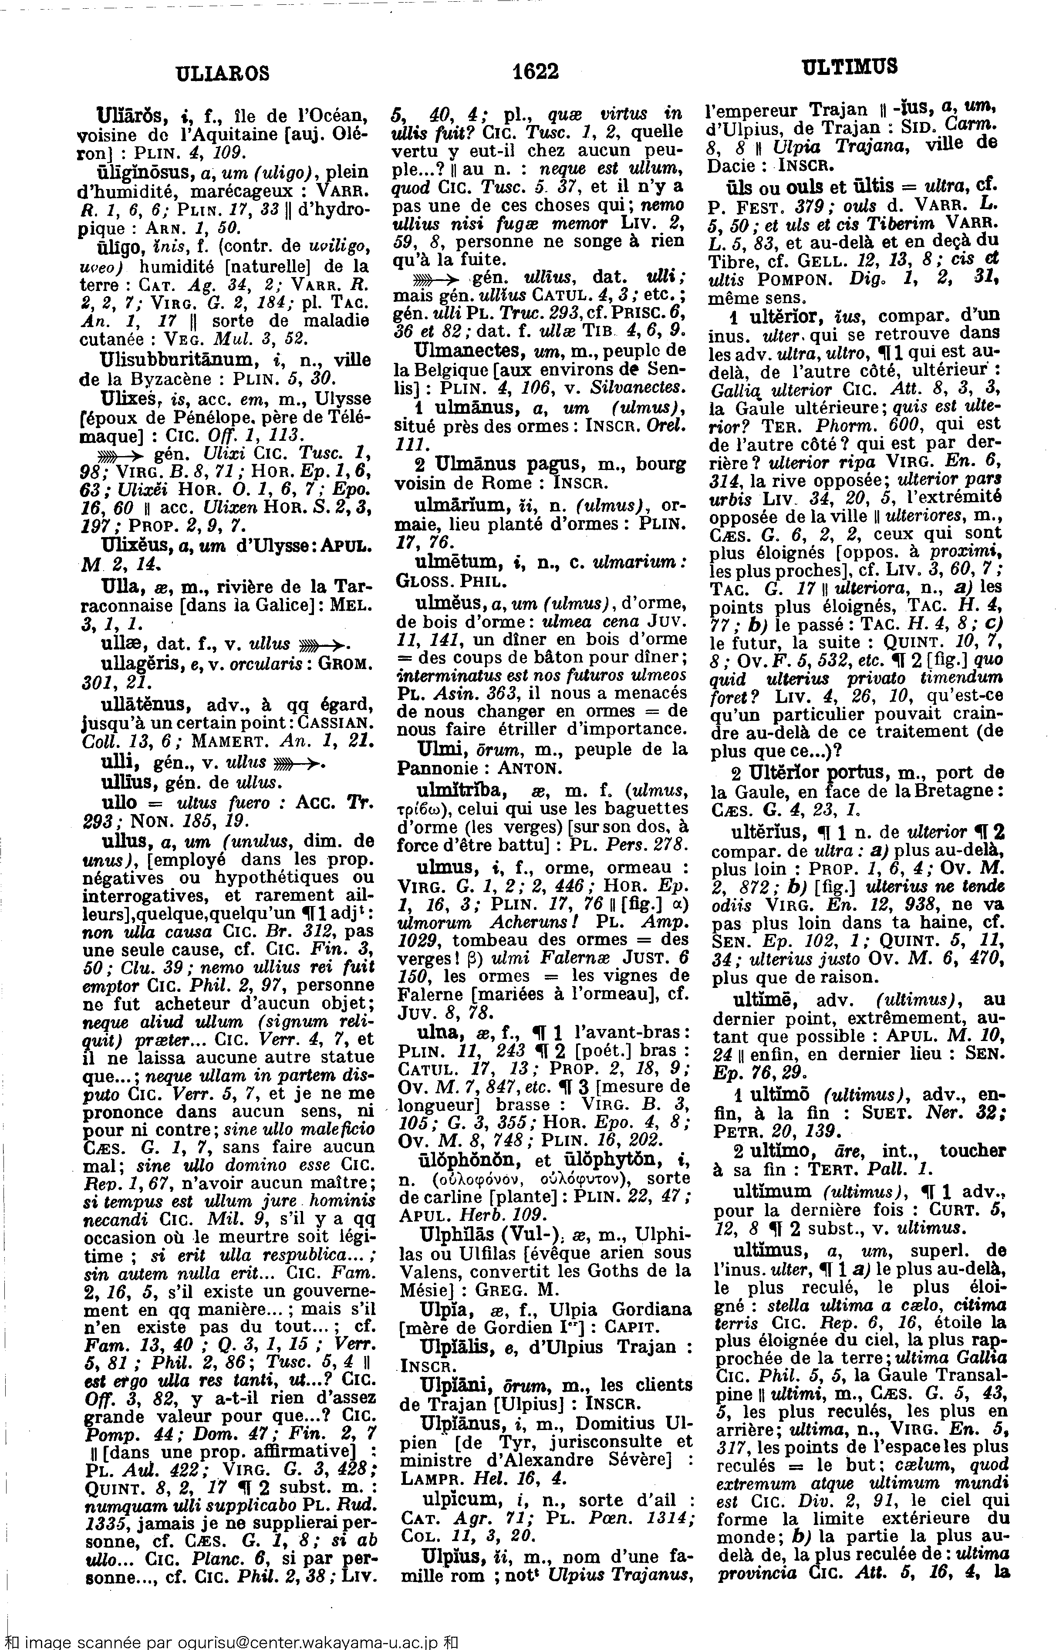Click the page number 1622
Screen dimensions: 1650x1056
tap(536, 71)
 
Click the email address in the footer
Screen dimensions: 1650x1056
tap(259, 1641)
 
